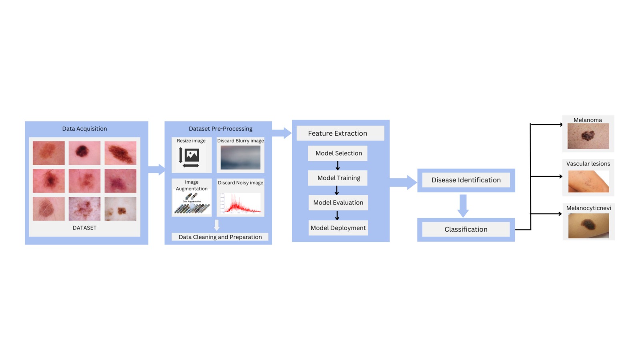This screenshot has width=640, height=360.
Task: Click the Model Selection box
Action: tap(338, 153)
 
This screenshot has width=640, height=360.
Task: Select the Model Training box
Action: tap(338, 178)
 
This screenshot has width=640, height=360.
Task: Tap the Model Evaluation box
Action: tap(338, 203)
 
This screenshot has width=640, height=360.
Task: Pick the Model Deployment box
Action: tap(338, 228)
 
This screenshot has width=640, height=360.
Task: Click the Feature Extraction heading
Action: tap(338, 133)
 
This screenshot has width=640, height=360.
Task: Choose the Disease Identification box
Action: tap(466, 180)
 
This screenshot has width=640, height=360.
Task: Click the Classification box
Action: tap(466, 229)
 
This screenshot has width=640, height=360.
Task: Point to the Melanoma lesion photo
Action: tap(588, 136)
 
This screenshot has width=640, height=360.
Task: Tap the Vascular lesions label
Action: tap(588, 164)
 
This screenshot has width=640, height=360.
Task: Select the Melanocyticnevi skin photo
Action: tap(588, 226)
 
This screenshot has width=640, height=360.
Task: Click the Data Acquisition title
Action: tap(84, 129)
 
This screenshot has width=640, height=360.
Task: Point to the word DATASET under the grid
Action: tap(84, 228)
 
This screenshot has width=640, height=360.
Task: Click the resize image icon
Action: tap(190, 157)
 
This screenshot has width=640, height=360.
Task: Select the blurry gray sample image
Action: tap(240, 158)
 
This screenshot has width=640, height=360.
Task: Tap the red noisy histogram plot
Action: tap(240, 203)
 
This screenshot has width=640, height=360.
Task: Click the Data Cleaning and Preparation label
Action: tap(220, 237)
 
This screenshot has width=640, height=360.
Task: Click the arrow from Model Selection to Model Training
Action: tap(338, 166)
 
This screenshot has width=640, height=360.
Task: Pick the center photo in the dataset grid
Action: tap(84, 181)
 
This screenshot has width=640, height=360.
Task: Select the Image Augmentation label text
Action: tap(192, 185)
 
